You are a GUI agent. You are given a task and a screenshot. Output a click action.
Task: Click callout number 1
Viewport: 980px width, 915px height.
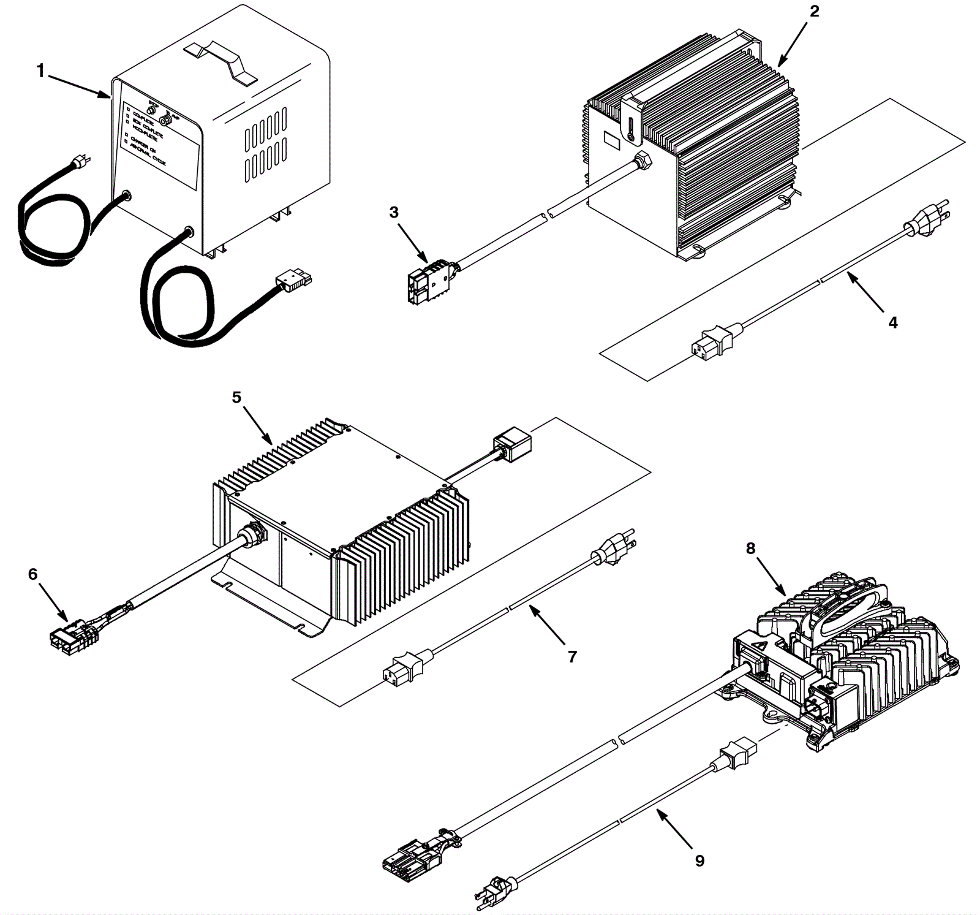[x=40, y=72]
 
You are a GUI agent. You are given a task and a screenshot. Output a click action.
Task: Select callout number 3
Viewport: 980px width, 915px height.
[x=394, y=212]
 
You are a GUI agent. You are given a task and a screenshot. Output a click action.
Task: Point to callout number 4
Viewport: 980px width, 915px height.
[x=892, y=322]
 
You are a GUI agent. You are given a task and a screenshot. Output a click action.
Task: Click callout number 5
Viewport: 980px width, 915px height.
[x=236, y=398]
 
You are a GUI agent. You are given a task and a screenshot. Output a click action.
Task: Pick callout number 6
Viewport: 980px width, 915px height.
[x=32, y=574]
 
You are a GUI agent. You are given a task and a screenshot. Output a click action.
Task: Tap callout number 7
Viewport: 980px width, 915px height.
[x=572, y=657]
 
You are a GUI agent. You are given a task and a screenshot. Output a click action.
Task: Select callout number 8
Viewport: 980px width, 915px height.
[x=751, y=549]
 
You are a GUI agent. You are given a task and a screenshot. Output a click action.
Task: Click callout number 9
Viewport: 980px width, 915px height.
[x=699, y=861]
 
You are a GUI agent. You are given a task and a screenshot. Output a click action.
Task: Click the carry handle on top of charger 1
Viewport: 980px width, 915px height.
[x=224, y=60]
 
